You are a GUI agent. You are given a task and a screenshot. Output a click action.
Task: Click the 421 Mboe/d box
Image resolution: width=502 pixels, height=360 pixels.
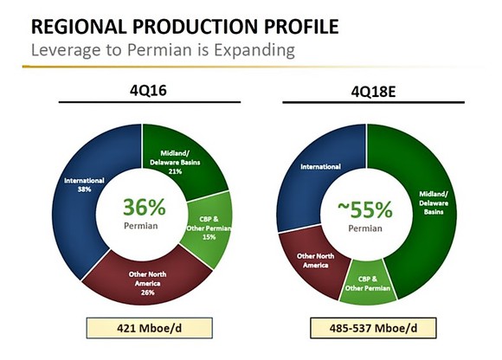tap(142, 330)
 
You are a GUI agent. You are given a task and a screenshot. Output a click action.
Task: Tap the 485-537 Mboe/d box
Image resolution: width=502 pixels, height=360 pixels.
tap(367, 330)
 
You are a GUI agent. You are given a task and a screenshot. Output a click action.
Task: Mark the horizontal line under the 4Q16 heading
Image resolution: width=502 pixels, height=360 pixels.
tap(142, 102)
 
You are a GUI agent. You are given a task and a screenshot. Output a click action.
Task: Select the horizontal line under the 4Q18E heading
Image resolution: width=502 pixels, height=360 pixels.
tap(368, 102)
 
